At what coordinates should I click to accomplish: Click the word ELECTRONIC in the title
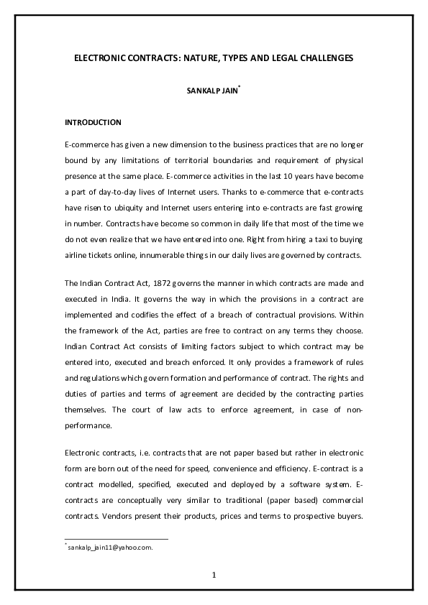tap(101, 57)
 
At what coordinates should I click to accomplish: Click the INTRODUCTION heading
tap(93, 123)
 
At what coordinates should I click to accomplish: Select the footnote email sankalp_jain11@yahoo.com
tap(111, 548)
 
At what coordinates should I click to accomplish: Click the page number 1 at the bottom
tap(214, 574)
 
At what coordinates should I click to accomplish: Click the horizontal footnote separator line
tap(116, 539)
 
